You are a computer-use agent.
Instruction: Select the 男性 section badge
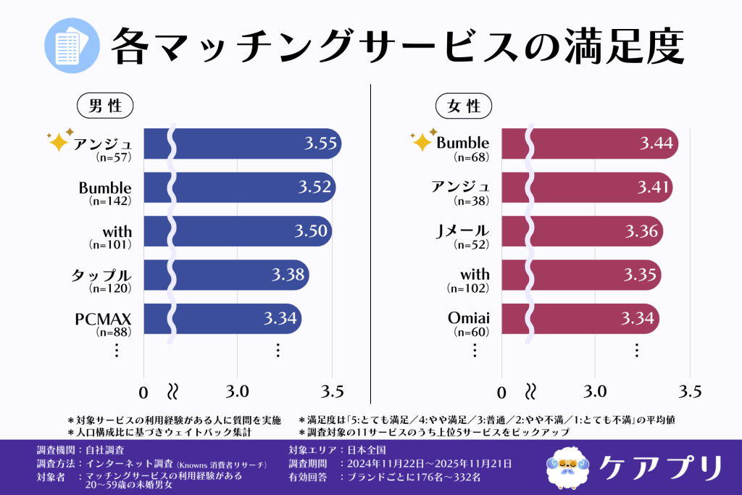(105, 106)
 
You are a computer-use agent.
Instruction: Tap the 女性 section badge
(464, 106)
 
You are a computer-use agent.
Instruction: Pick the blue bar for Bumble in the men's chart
(239, 187)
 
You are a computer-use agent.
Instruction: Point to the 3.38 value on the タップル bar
(288, 275)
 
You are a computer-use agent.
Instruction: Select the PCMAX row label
(103, 319)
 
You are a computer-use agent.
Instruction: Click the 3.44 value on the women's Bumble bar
(656, 143)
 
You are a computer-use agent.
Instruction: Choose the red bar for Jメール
(580, 231)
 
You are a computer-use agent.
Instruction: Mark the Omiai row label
(469, 319)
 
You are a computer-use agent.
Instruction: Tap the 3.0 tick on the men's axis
(238, 392)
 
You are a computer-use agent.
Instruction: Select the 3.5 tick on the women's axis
(690, 392)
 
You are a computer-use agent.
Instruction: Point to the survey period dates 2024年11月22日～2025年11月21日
(430, 463)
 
